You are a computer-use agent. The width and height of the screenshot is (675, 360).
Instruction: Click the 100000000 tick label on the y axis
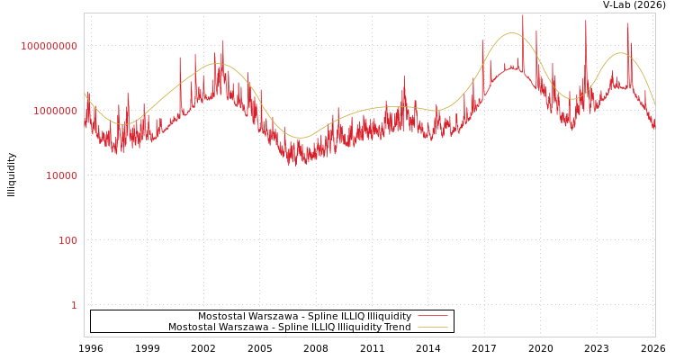click(49, 46)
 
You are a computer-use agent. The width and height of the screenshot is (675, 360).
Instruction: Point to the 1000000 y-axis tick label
click(56, 111)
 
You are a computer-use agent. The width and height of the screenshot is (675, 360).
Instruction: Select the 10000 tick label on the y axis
click(62, 175)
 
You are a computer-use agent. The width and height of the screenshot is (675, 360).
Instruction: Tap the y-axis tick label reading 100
click(68, 240)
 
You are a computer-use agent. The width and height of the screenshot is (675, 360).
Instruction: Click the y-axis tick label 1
click(75, 305)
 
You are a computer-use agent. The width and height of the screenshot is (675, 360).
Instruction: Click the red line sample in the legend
click(433, 317)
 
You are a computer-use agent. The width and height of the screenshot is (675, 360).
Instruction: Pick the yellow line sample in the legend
click(433, 328)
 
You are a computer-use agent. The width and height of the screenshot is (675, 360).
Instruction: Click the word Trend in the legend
click(397, 328)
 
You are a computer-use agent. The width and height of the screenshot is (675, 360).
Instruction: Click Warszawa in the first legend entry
click(273, 317)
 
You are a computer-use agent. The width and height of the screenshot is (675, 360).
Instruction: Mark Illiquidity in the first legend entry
click(390, 317)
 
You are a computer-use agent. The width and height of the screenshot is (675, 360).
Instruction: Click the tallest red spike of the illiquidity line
click(522, 16)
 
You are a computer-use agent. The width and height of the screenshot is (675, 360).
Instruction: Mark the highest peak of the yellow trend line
click(512, 33)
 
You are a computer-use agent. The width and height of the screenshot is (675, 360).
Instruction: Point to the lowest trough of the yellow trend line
click(301, 138)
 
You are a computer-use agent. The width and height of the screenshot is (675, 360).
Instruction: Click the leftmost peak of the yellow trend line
click(216, 64)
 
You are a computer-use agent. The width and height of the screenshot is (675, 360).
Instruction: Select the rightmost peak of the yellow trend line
click(620, 53)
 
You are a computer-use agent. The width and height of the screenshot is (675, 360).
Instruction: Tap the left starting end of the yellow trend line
click(85, 93)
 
